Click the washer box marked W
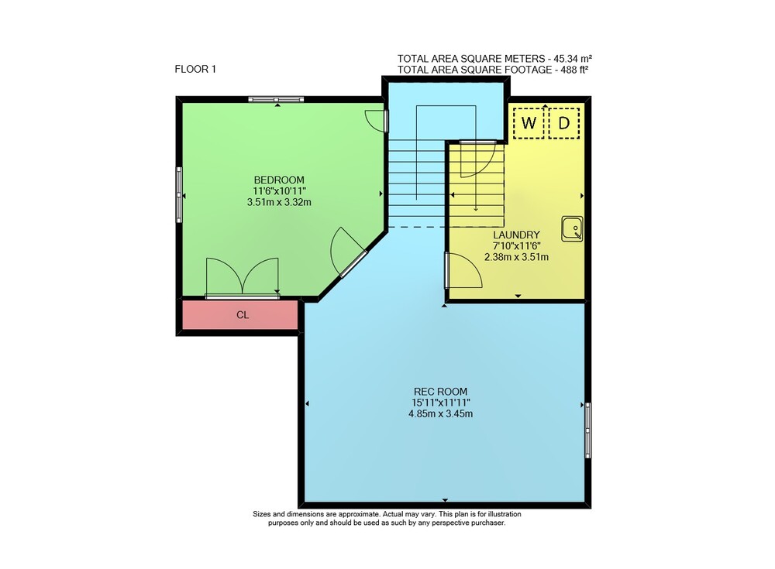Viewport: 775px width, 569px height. point(529,123)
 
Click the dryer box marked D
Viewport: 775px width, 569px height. point(564,123)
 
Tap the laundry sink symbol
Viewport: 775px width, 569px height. point(572,228)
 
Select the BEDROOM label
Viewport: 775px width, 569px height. point(279,180)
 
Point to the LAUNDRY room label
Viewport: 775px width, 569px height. point(516,235)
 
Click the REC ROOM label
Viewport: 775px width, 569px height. point(440,392)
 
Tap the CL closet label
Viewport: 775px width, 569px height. point(242,315)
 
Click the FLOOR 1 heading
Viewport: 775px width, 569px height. point(195,69)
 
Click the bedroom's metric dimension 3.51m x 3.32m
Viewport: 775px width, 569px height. point(279,201)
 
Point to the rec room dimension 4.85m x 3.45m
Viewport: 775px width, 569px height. point(440,414)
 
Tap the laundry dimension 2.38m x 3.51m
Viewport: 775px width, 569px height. point(516,257)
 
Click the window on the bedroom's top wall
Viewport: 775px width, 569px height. point(276,99)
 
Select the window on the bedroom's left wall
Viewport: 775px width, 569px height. point(179,194)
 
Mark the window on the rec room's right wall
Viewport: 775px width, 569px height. point(587,430)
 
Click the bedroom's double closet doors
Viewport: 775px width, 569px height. point(242,278)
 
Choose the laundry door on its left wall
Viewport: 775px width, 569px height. point(463,270)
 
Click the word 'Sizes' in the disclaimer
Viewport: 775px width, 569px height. point(261,514)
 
